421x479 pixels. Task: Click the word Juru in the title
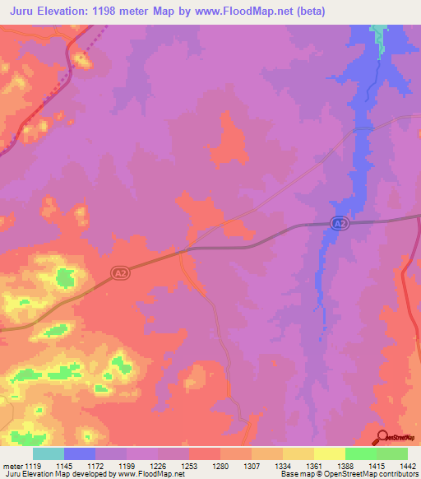[26, 12]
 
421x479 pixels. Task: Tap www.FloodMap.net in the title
[247, 12]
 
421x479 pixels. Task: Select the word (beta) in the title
[307, 12]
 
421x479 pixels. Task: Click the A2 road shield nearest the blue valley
[340, 223]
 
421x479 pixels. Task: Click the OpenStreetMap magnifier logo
[382, 436]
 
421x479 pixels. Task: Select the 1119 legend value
[33, 466]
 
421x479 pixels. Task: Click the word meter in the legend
[12, 466]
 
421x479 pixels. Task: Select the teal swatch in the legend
[49, 453]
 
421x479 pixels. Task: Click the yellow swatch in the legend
[330, 453]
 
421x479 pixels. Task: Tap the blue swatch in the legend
[80, 453]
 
